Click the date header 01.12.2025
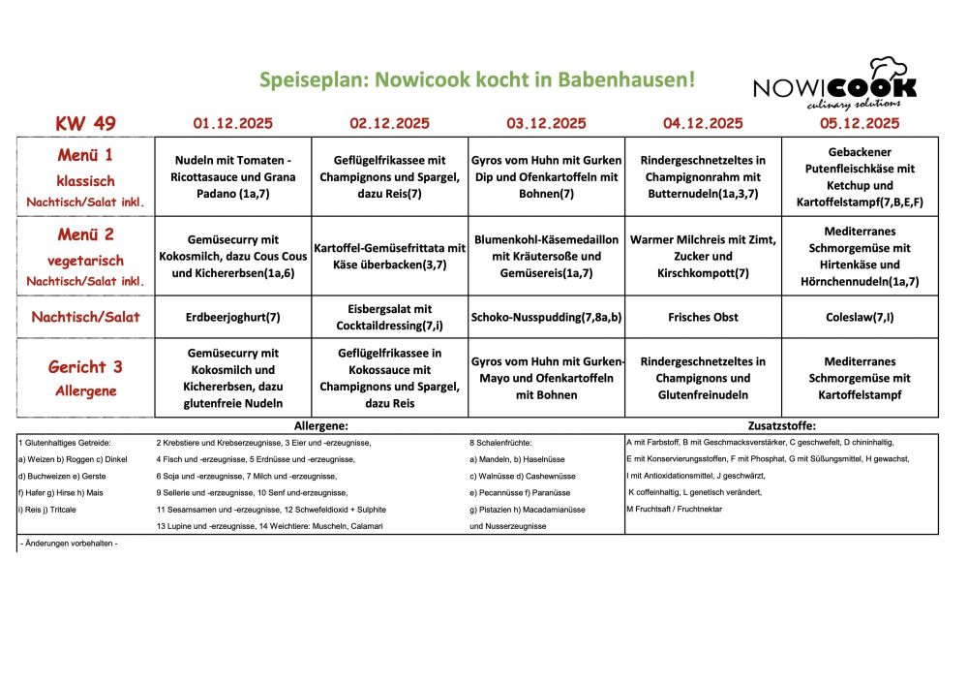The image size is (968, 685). tap(232, 123)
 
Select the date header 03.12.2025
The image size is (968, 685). tap(546, 123)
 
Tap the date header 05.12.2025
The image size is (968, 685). tap(860, 123)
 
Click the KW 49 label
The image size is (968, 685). tap(85, 123)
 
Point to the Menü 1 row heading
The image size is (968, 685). tap(85, 156)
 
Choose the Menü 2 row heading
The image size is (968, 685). tap(85, 234)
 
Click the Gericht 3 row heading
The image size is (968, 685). tap(85, 367)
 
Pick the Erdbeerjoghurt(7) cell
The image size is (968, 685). tap(232, 317)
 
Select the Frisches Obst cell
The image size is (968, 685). tap(703, 317)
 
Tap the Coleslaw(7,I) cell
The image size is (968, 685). tap(860, 317)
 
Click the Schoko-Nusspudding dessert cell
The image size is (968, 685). tap(546, 317)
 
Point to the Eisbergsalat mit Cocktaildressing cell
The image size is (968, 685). tap(389, 317)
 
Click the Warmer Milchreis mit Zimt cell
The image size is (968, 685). tap(703, 256)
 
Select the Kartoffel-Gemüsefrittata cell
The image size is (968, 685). tap(389, 256)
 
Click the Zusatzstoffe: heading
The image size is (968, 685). tap(782, 425)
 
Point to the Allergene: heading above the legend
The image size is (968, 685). tap(320, 425)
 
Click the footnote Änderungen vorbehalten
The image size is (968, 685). tap(69, 544)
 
